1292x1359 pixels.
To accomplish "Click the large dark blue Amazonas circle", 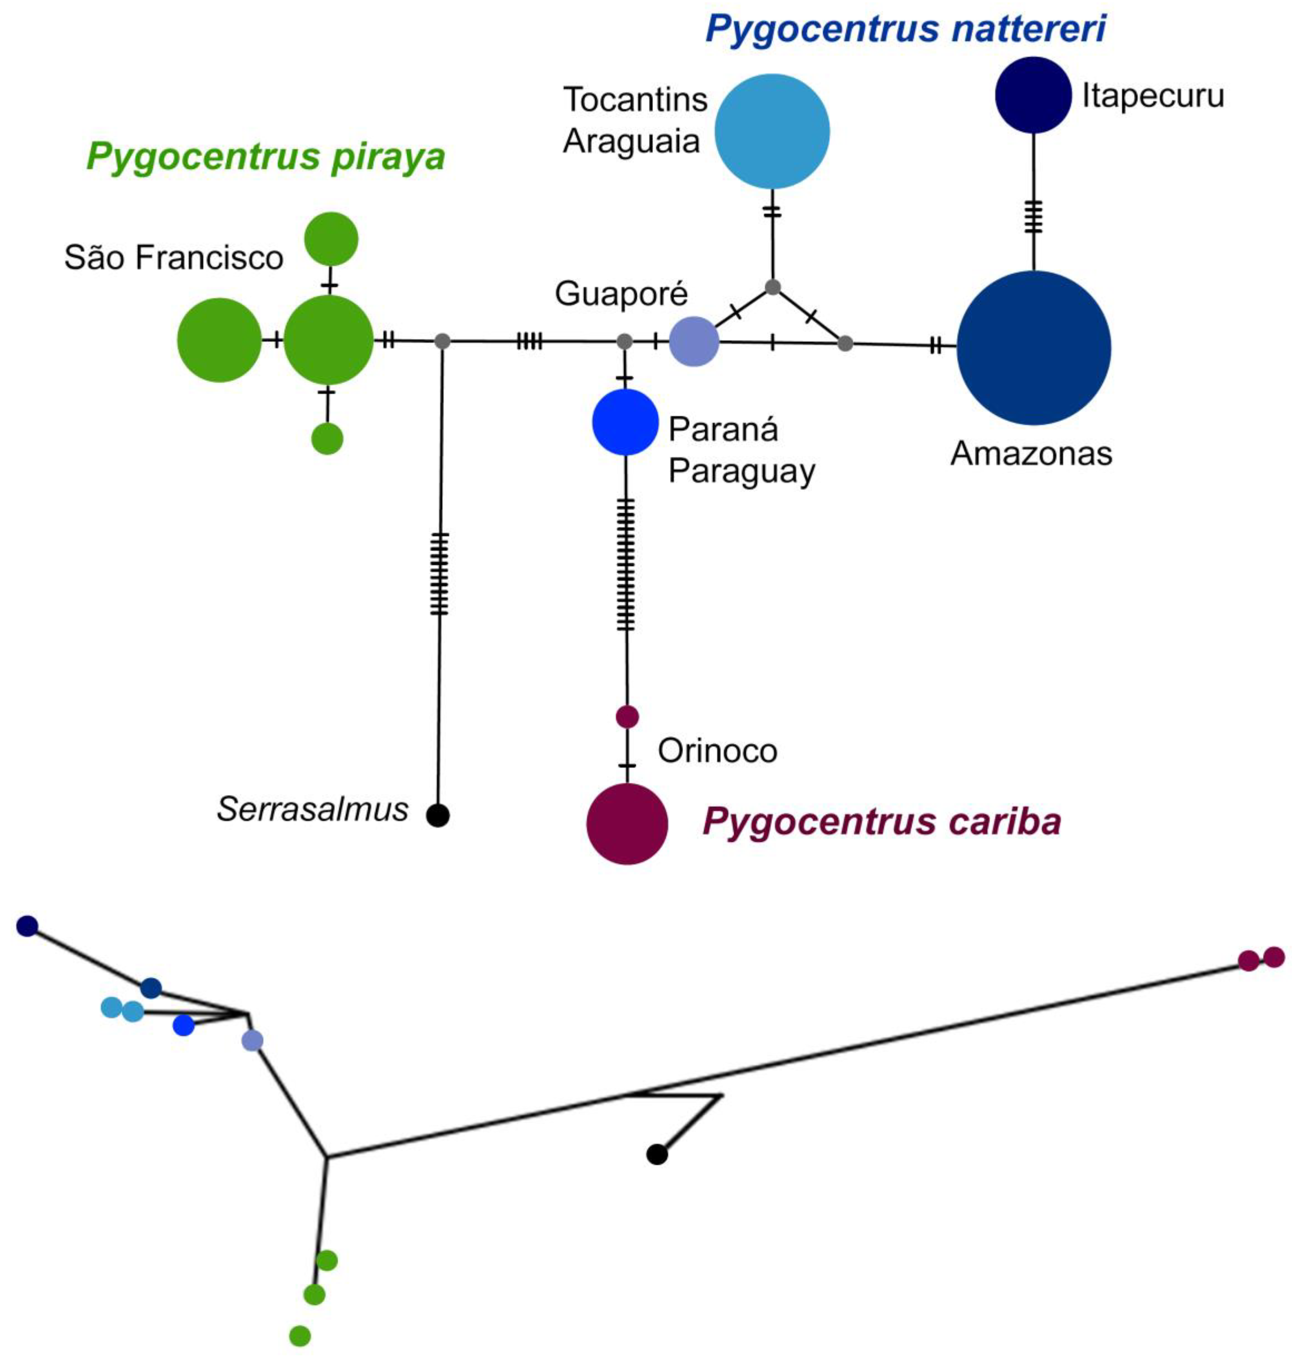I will coord(1033,348).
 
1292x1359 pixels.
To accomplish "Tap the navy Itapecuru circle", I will coord(1033,95).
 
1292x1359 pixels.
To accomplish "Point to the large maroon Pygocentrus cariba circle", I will coord(627,823).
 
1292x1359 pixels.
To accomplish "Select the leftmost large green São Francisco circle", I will coord(219,340).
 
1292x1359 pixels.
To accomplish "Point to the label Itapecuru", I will coord(1153,96).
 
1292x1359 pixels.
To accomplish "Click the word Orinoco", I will coord(717,751).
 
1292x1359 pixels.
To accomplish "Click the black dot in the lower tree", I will coord(657,1154).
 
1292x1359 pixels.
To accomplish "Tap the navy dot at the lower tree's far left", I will coord(26,926).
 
